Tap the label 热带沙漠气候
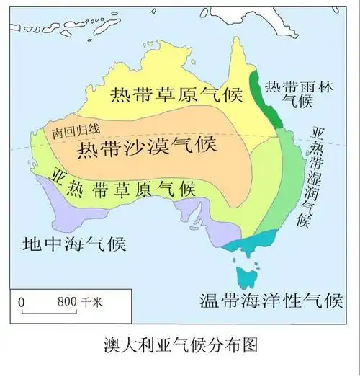(x=145, y=148)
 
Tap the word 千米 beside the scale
(x=92, y=302)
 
